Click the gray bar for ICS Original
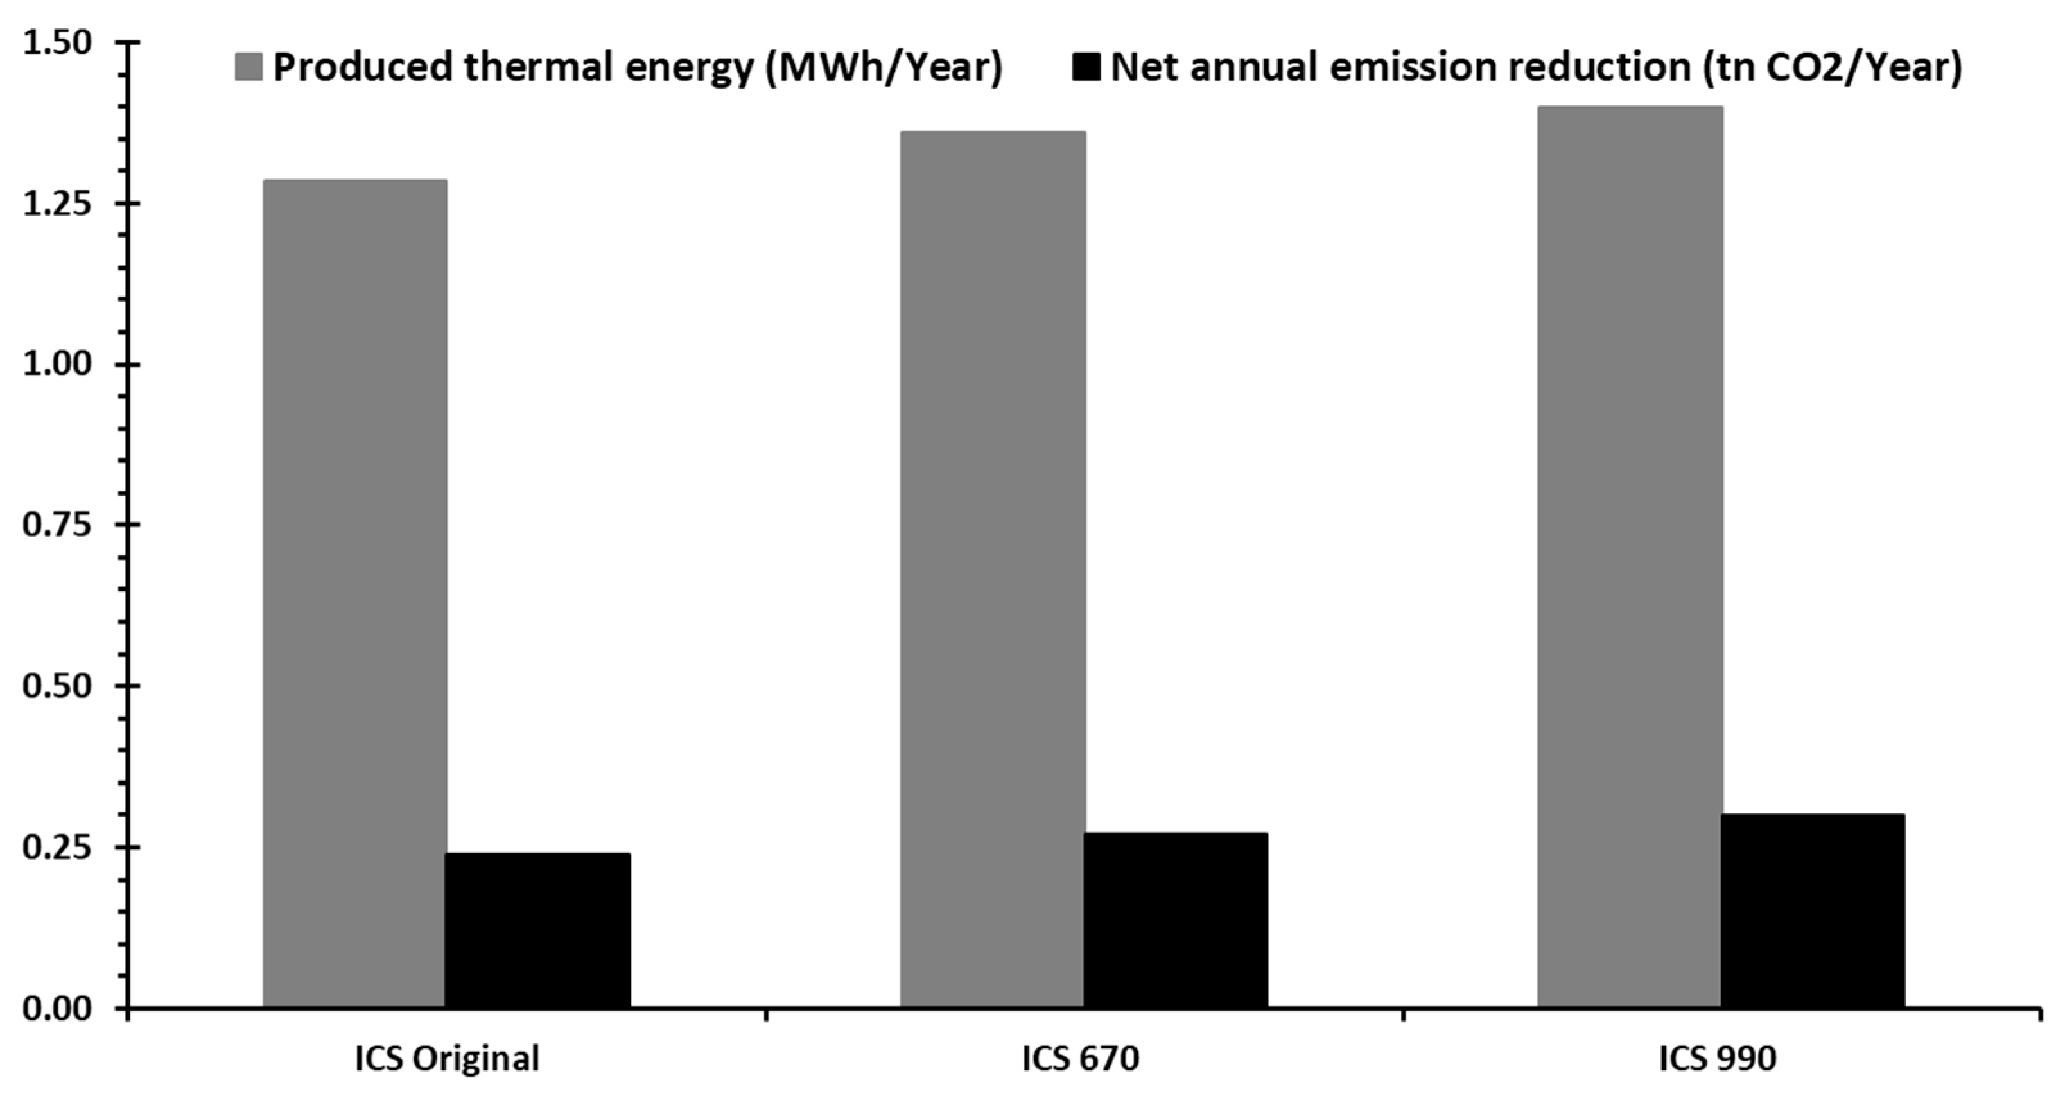355,593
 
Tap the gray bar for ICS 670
993,570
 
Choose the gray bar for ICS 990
1630,557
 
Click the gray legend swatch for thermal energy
248,67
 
